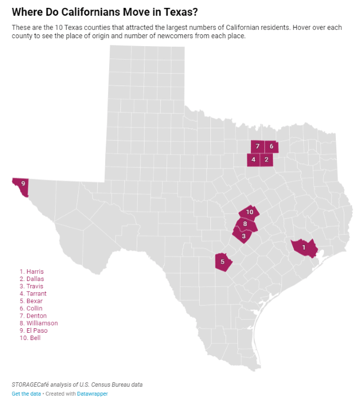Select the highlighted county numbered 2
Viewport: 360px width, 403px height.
coord(267,160)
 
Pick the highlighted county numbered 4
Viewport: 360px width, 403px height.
coord(254,160)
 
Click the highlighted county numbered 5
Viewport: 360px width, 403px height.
coord(223,262)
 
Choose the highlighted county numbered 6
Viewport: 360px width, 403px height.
coord(271,146)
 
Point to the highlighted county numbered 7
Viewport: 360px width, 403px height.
coord(257,146)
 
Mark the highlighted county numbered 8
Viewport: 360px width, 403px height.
coord(246,224)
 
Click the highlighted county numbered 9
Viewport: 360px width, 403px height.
coord(22,184)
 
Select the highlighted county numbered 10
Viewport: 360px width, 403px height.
coord(249,212)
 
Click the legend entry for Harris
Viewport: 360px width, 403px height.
coord(31,271)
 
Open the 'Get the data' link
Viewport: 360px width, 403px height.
coord(26,394)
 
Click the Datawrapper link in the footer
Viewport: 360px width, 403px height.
coord(92,394)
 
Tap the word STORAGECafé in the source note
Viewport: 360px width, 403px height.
coord(30,384)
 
